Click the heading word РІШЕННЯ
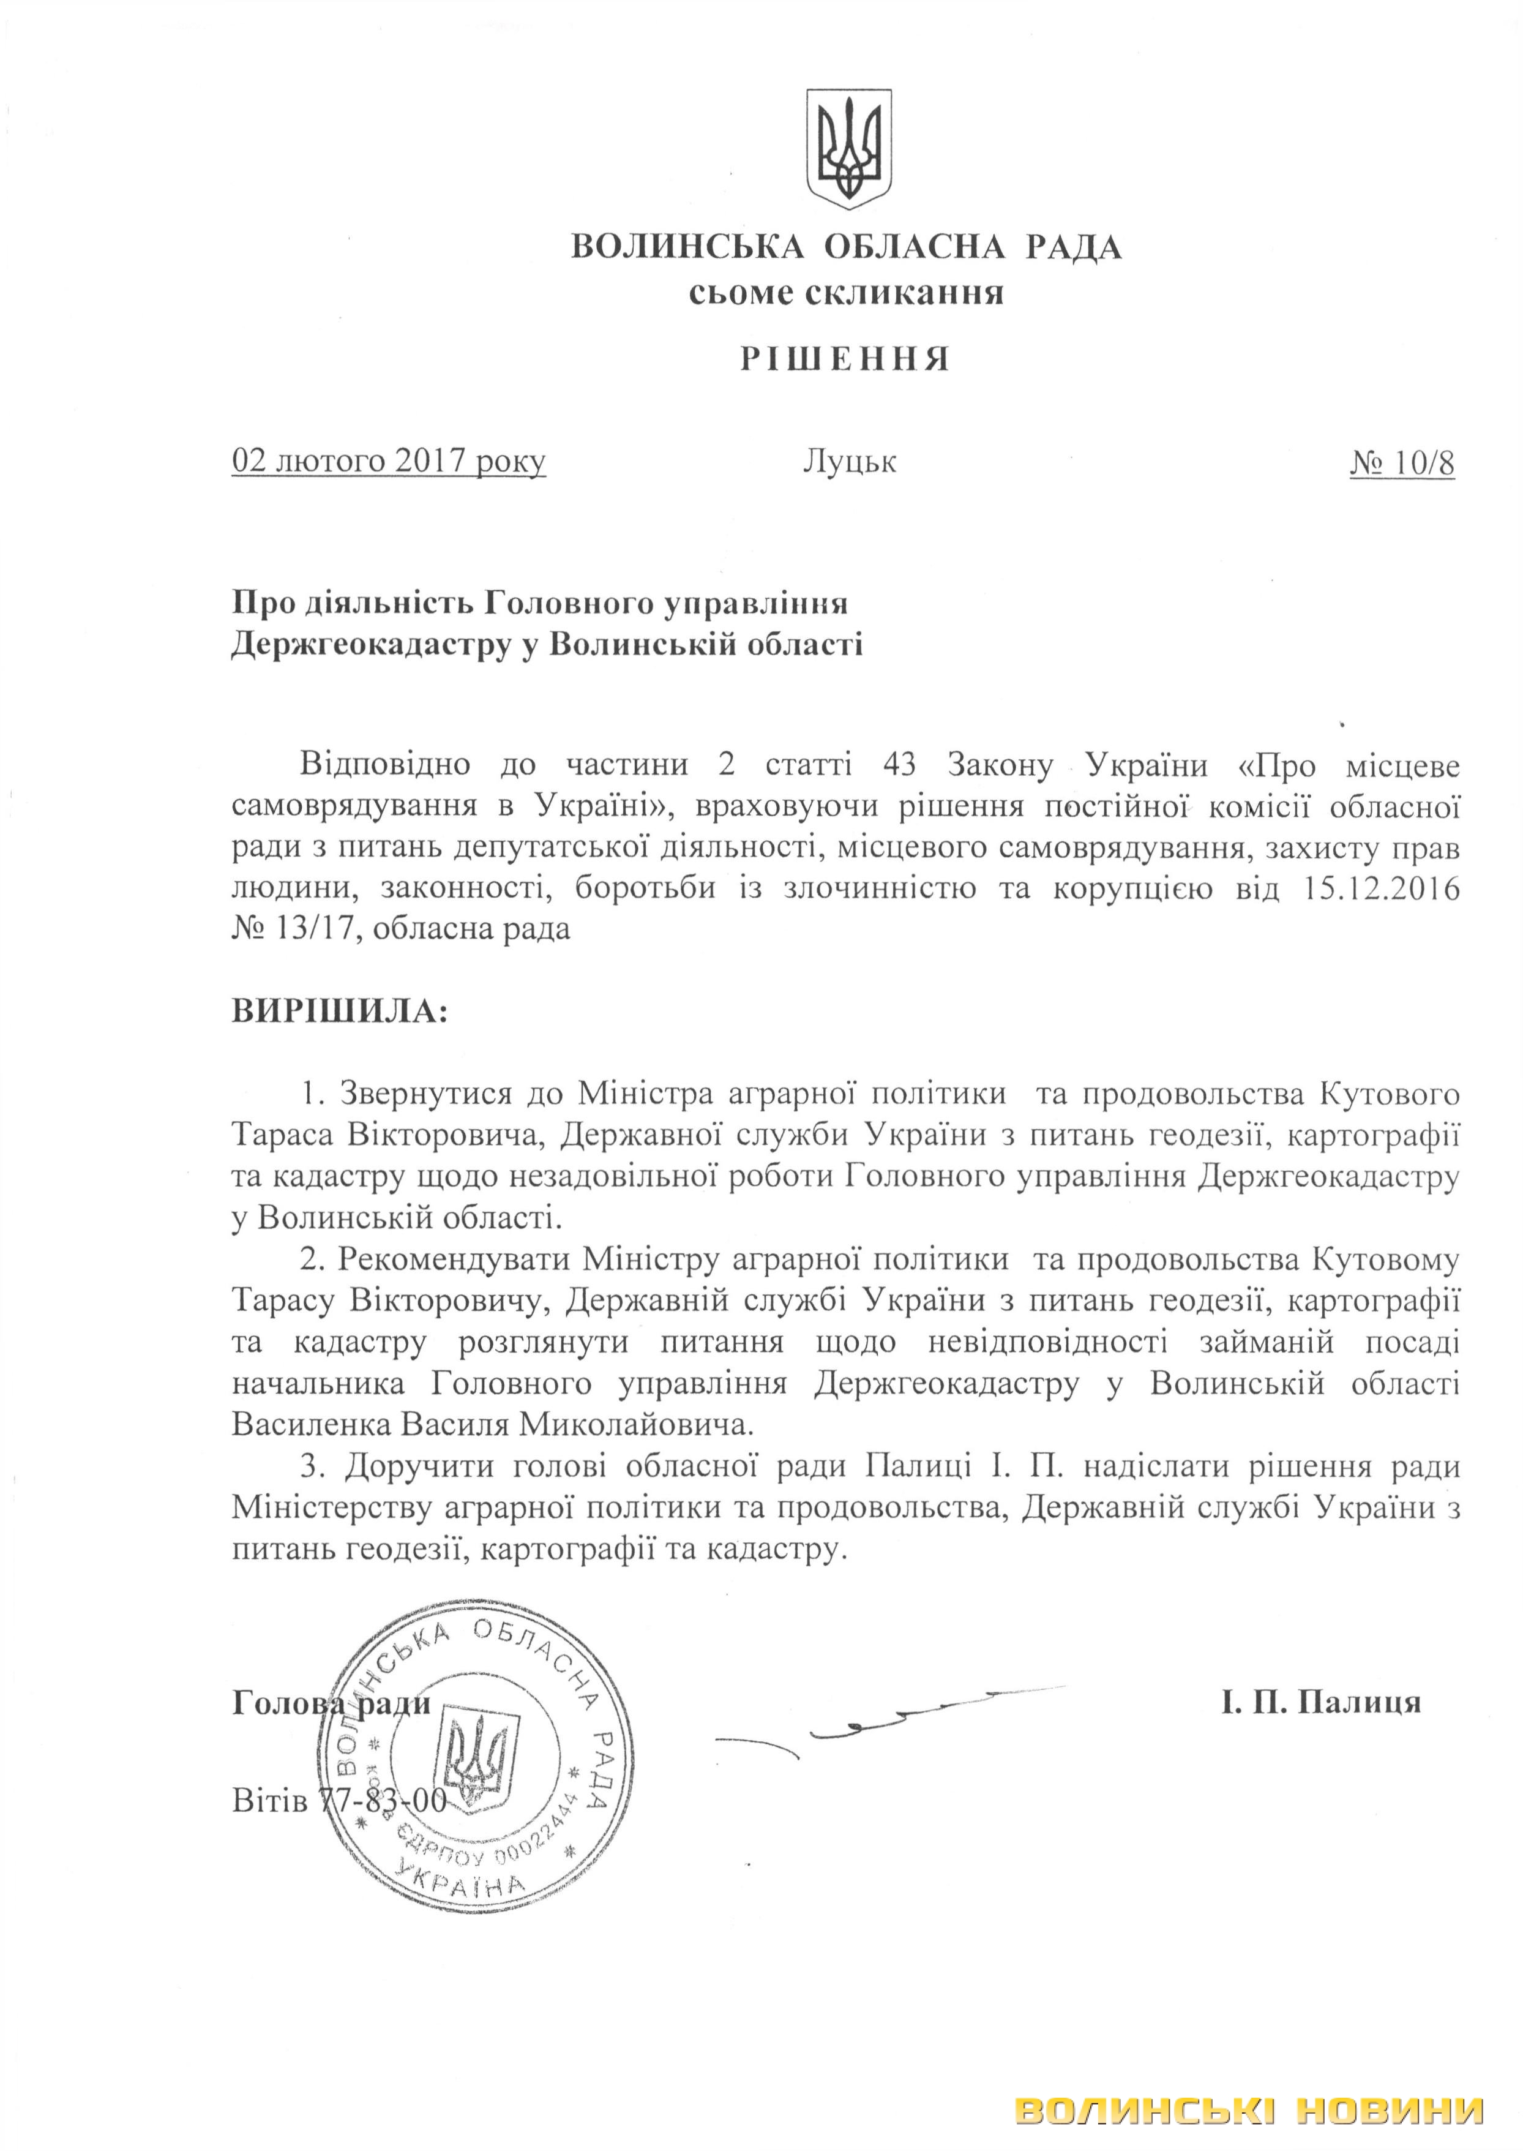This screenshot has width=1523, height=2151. [x=847, y=360]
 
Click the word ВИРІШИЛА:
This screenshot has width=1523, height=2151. [x=340, y=1012]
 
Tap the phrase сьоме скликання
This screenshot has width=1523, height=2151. [x=847, y=295]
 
